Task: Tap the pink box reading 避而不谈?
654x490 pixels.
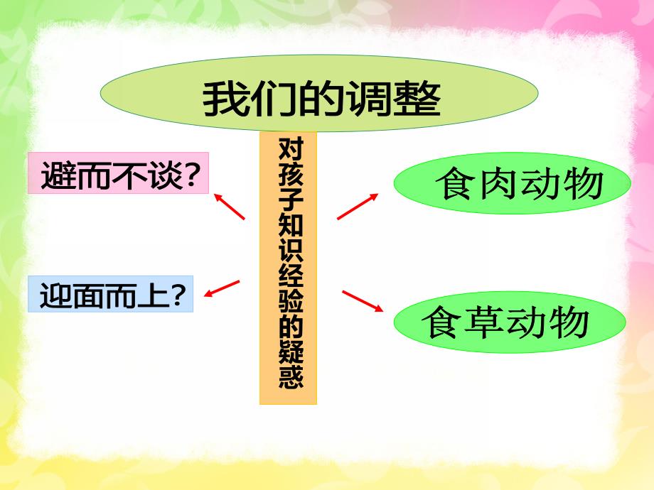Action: [118, 173]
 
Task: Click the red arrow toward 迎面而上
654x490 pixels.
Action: [221, 288]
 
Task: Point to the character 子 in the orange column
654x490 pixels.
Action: [289, 202]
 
